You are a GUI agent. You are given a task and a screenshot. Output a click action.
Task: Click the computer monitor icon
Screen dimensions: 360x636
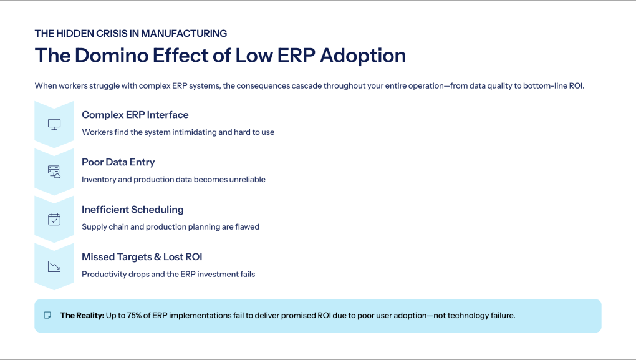point(54,124)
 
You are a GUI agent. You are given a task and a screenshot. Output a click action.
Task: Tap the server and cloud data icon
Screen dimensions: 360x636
point(54,172)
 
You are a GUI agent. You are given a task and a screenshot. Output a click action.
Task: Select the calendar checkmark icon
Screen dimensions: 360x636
point(54,219)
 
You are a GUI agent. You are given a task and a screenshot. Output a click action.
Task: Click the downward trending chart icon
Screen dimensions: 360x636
point(54,266)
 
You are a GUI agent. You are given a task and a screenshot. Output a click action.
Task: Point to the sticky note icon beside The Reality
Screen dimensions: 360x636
point(47,316)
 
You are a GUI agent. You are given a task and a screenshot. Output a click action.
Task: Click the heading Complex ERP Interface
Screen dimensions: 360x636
point(135,115)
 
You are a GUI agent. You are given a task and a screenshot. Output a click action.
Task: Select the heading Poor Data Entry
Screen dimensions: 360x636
point(118,162)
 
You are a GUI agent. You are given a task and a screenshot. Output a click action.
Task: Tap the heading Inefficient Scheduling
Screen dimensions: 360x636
point(132,210)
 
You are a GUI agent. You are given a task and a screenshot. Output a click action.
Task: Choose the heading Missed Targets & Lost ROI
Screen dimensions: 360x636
point(142,257)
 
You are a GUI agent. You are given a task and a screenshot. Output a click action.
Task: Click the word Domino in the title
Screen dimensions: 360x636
point(109,55)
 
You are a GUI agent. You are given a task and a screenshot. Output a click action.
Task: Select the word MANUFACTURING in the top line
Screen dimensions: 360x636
point(185,33)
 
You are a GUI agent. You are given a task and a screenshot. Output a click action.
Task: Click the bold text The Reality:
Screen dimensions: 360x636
point(82,316)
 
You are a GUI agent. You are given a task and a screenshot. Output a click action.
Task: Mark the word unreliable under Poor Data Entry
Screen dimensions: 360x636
point(246,180)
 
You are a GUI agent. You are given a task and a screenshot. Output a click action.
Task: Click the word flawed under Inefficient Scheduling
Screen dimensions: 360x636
point(247,227)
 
